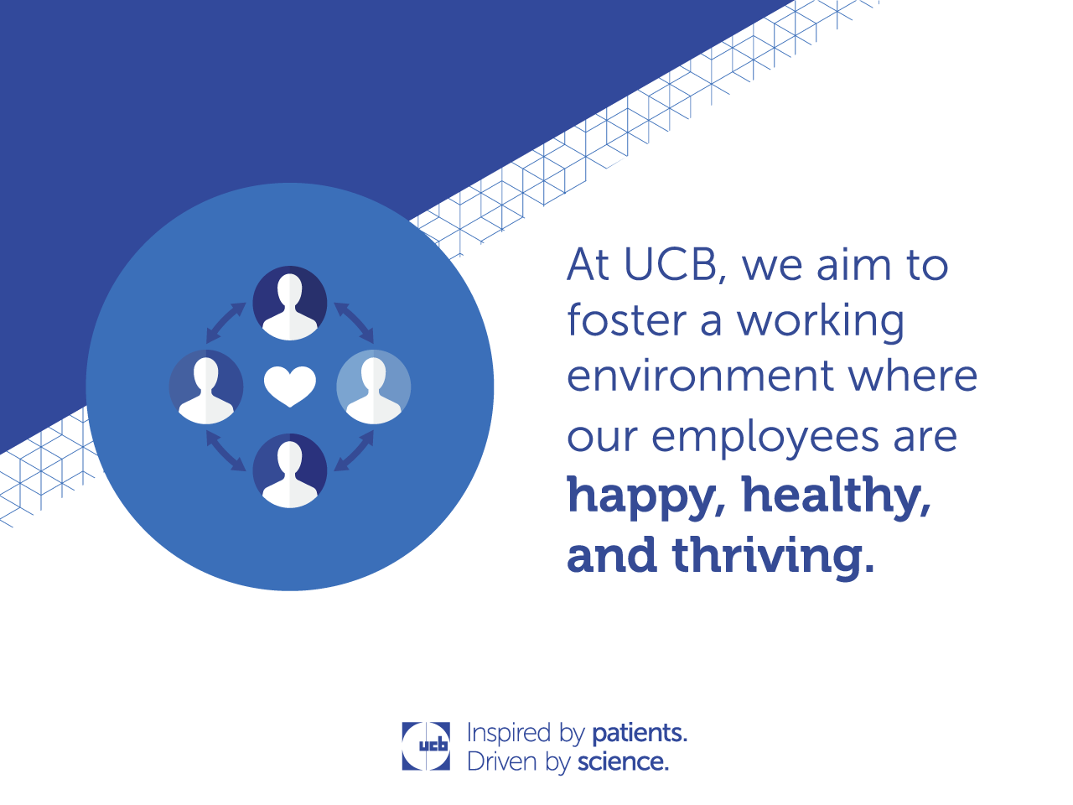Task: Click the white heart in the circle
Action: tap(289, 386)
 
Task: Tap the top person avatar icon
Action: tap(289, 303)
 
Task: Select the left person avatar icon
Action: tap(206, 387)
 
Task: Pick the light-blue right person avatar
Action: tap(374, 387)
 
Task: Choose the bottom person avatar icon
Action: tap(289, 470)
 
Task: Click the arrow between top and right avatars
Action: tap(354, 323)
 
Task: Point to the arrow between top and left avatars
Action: tap(225, 323)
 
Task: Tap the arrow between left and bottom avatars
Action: tap(225, 450)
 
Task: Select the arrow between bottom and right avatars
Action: tap(354, 450)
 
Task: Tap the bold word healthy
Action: tap(835, 497)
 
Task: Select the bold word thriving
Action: tap(765, 556)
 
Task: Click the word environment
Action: tap(700, 376)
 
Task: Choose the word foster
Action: tap(627, 319)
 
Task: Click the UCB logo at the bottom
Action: tap(426, 745)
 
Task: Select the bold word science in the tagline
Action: tap(622, 762)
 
